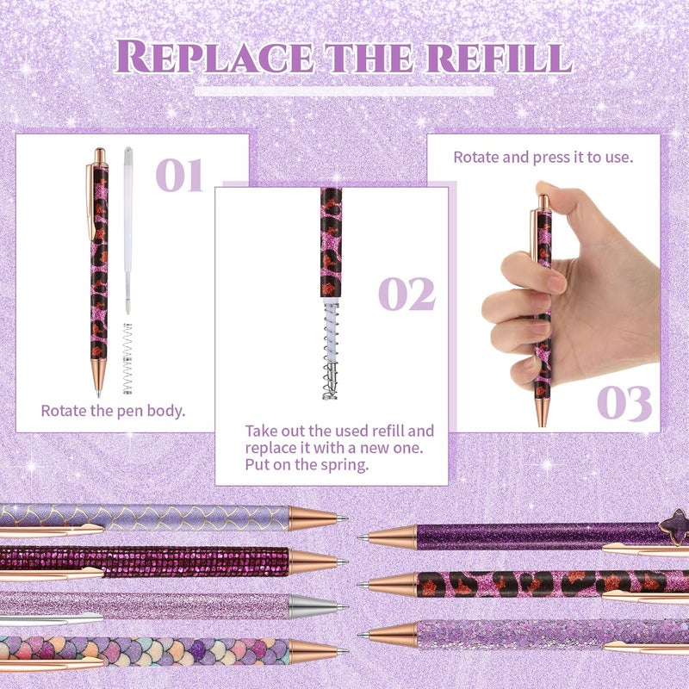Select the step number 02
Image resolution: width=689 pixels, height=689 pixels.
[x=407, y=295]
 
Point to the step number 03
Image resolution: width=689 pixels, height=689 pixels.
[x=624, y=402]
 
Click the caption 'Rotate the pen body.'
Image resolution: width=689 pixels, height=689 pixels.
[x=113, y=411]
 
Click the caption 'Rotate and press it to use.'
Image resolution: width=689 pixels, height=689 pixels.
[x=543, y=158]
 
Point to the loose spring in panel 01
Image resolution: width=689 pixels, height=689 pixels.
[x=128, y=357]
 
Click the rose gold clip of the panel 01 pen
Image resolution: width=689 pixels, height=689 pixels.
[x=90, y=198]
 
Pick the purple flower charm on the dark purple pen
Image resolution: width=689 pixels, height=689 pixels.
[x=673, y=523]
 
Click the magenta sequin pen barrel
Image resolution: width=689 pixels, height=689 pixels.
[x=146, y=561]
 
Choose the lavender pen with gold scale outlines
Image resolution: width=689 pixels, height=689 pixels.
[x=146, y=517]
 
